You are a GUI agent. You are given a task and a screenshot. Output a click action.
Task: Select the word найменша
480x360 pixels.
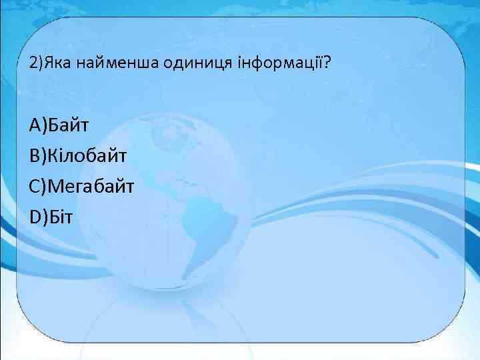click(x=114, y=64)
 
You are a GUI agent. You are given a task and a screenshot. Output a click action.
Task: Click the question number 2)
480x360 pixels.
click(x=36, y=64)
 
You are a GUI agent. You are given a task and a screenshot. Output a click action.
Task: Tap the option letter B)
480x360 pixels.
click(x=37, y=155)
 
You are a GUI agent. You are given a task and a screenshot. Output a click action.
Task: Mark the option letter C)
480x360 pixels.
click(x=37, y=185)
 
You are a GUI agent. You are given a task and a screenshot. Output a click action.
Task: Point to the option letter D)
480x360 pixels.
click(x=38, y=215)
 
